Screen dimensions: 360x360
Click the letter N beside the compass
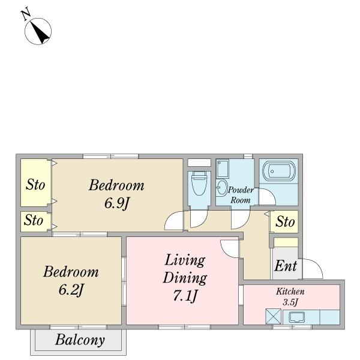point(26,14)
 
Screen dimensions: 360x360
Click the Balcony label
point(80,340)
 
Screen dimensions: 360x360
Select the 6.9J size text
point(117,203)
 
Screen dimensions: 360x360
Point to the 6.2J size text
point(71,290)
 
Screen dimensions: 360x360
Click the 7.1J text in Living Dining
point(185,296)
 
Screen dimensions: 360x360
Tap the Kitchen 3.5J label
point(290,296)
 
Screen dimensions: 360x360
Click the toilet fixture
point(199,183)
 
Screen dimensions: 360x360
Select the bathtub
point(279,172)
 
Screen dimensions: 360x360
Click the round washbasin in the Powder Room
point(221,188)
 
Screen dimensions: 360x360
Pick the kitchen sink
point(297,317)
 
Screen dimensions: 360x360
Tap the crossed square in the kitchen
point(273,317)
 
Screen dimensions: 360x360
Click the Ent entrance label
point(286,266)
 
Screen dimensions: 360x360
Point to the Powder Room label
point(241,195)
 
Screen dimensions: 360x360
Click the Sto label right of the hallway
point(285,222)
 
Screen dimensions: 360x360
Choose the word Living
point(185,260)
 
